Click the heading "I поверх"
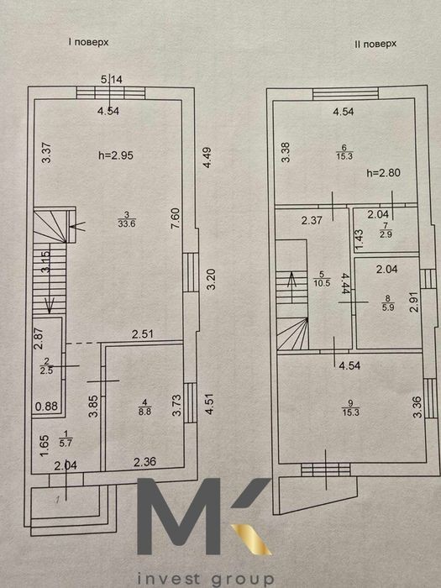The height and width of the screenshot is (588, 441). coord(88,42)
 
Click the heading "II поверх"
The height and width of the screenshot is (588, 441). coord(375,44)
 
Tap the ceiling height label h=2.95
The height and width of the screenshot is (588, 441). coord(116,155)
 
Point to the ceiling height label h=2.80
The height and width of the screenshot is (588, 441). coord(383,173)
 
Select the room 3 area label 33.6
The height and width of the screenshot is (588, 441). coord(126,224)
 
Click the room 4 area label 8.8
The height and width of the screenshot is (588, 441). coord(144,411)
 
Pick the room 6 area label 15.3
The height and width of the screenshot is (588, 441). coord(344,156)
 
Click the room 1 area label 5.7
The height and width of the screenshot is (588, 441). coord(66,443)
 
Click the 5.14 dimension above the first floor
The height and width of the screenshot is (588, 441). coord(112,80)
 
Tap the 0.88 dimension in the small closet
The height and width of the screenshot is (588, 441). coord(47,406)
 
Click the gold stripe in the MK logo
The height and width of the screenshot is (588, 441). coord(251,539)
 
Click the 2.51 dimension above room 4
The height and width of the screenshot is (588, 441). coord(143,334)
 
